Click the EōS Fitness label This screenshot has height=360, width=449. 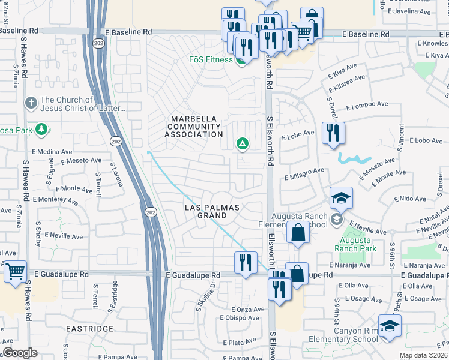pos(211,59)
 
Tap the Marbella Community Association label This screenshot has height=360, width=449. pos(195,127)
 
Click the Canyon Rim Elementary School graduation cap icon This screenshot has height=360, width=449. pos(390,326)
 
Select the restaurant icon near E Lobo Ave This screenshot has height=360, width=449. pos(332,133)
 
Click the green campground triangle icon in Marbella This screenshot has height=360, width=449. pos(242,143)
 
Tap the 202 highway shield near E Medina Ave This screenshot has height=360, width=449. pos(114,140)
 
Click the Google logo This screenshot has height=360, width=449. pos(20,353)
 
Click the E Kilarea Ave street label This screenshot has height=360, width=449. pos(346,83)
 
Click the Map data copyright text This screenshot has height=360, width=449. pos(423,355)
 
